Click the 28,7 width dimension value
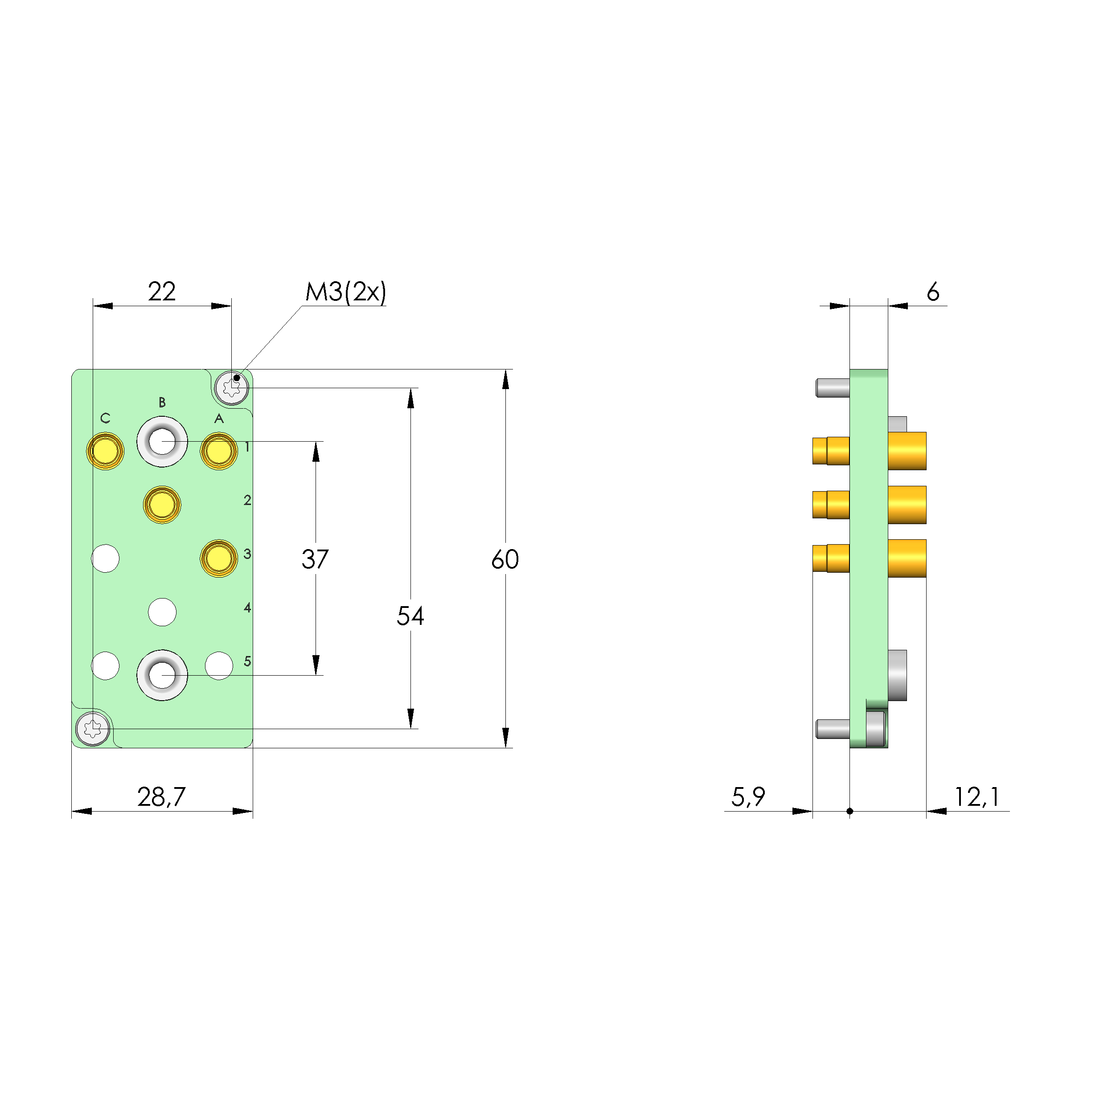pyautogui.click(x=161, y=797)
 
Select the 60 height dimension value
pyautogui.click(x=505, y=559)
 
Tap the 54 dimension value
pyautogui.click(x=410, y=616)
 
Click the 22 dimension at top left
pyautogui.click(x=161, y=291)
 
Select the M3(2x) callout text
pyautogui.click(x=345, y=292)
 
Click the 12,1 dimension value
pyautogui.click(x=976, y=797)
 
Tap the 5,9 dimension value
pyautogui.click(x=748, y=797)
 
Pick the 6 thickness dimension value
pyautogui.click(x=933, y=292)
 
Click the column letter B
pyautogui.click(x=162, y=402)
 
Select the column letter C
pyautogui.click(x=105, y=418)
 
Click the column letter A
pyautogui.click(x=219, y=418)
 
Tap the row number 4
pyautogui.click(x=247, y=607)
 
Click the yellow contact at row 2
pyautogui.click(x=162, y=504)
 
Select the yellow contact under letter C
pyautogui.click(x=105, y=451)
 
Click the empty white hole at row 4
pyautogui.click(x=162, y=612)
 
